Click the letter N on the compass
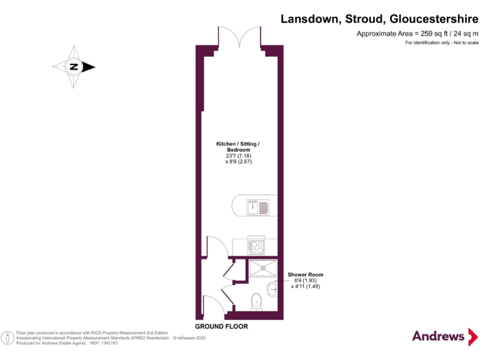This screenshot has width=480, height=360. click(x=74, y=67)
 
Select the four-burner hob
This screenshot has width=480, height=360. click(x=257, y=246)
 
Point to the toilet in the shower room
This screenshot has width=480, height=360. click(x=255, y=301)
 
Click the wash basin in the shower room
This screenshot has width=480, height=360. click(x=271, y=289)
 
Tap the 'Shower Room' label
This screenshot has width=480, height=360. click(x=305, y=275)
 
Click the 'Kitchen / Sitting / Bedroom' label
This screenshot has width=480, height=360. click(x=237, y=147)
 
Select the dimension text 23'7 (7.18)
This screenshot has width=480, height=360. click(x=238, y=156)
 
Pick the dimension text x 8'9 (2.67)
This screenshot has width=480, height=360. click(x=238, y=162)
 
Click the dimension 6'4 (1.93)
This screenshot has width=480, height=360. click(x=305, y=281)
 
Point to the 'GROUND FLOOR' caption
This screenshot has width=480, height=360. click(x=221, y=327)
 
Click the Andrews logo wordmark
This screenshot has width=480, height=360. click(x=437, y=336)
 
